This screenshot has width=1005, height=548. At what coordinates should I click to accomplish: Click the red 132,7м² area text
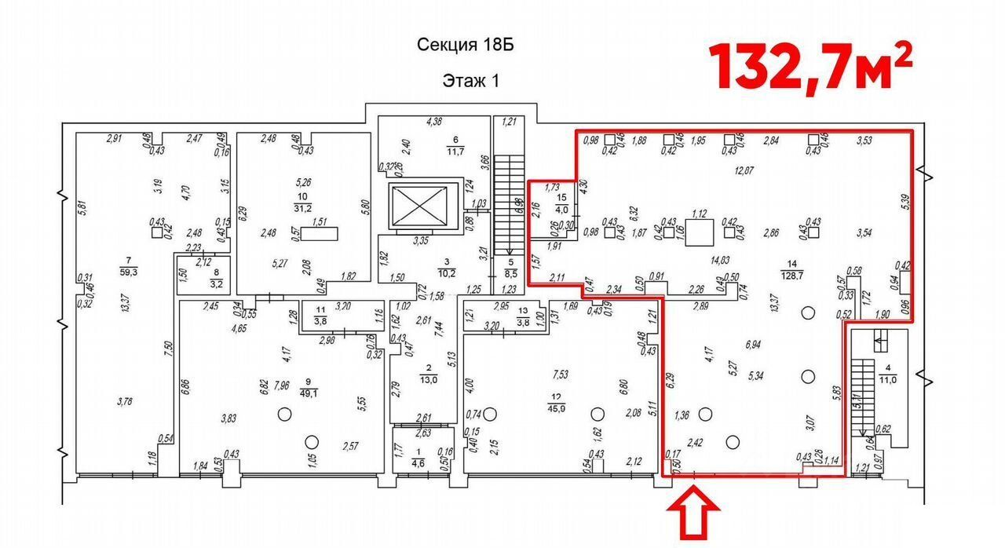click(812, 65)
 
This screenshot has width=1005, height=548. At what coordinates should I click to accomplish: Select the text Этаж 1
click(471, 80)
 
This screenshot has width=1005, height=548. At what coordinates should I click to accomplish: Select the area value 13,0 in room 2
click(429, 380)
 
